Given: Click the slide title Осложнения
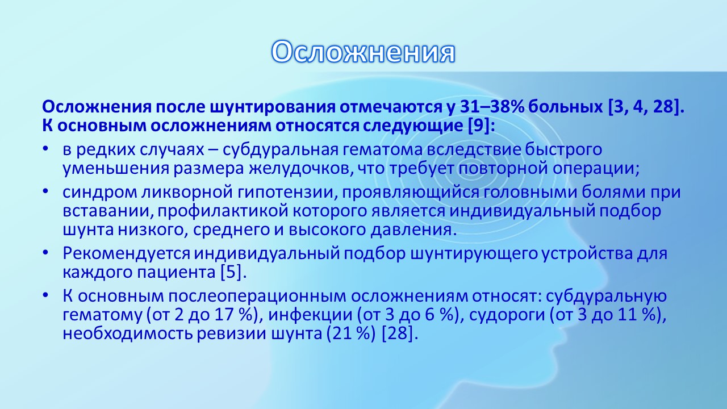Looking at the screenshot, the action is point(363,52).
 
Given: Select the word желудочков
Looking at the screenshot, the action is point(301,169).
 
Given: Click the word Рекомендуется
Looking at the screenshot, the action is point(126,253).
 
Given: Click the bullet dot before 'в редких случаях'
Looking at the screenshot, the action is point(45,149).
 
